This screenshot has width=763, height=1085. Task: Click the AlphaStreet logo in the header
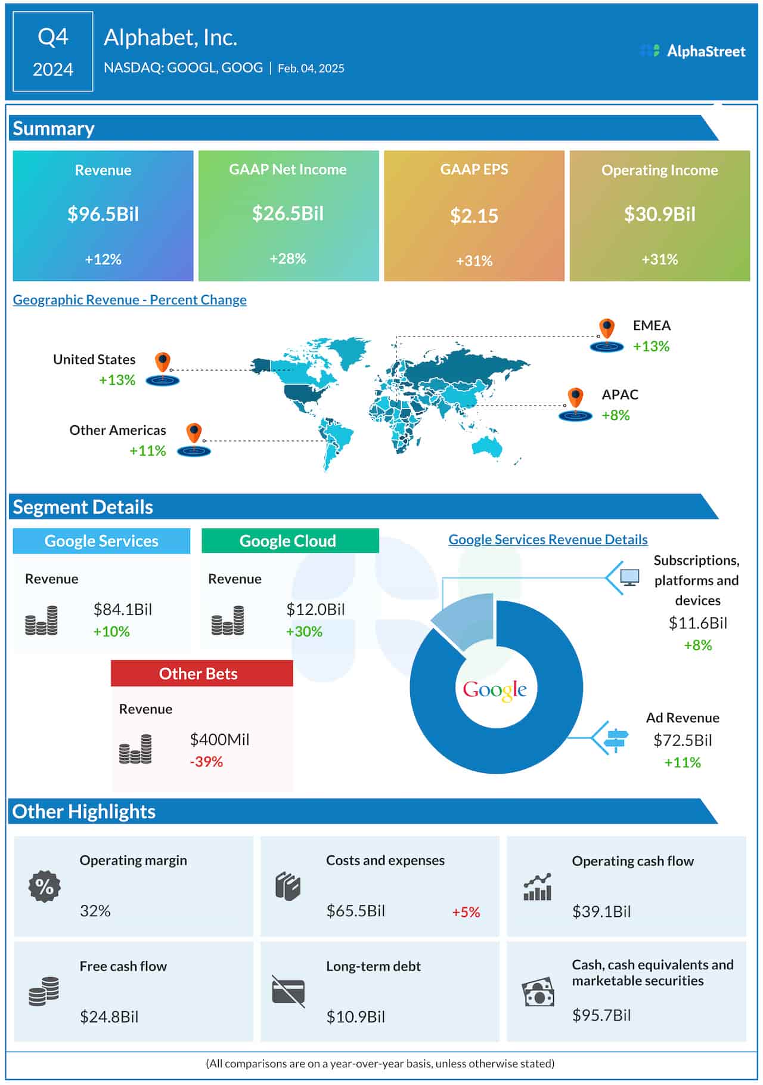coord(693,51)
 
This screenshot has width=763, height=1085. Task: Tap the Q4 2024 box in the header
coord(53,52)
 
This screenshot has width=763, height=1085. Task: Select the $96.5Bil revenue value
coord(103,214)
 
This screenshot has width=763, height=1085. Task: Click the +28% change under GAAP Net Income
coord(288,258)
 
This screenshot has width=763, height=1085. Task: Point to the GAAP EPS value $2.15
coord(474,216)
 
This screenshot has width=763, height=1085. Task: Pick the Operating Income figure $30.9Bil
coord(659,214)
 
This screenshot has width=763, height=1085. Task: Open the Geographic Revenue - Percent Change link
coord(129,299)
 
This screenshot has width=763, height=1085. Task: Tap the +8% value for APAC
coord(616,415)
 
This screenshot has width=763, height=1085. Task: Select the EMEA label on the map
coord(652,326)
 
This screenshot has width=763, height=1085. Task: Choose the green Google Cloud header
coord(290,541)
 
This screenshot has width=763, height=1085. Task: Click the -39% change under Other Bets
coord(206,762)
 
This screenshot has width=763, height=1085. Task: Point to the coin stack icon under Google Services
coord(42,620)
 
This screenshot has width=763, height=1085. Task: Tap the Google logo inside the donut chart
coord(495,690)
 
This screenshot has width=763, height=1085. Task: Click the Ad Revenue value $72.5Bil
coord(683,740)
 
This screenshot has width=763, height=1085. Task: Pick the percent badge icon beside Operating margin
coord(45,886)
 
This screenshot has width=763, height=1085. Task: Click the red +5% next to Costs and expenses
coord(466,912)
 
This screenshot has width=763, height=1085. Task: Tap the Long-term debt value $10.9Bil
coord(355,1017)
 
